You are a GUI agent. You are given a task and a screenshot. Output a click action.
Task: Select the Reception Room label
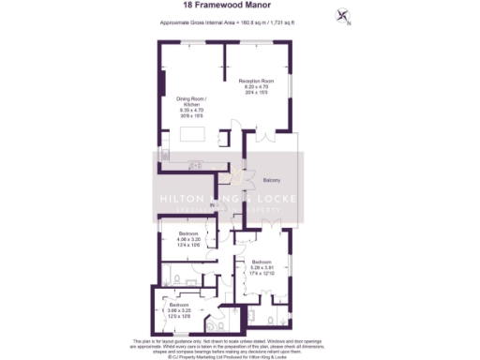(255, 82)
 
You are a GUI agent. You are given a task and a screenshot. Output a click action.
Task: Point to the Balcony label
(272, 180)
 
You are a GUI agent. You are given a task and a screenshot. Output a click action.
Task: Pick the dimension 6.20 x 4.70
(255, 87)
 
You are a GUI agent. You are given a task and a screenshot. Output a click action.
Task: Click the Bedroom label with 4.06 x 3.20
(177, 233)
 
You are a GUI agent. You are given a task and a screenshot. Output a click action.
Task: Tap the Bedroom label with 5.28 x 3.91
(261, 261)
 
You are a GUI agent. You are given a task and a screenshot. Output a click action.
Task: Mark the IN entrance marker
(213, 204)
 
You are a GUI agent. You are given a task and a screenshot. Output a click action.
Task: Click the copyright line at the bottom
(240, 355)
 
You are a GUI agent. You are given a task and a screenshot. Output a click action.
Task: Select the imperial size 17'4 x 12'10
(261, 272)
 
